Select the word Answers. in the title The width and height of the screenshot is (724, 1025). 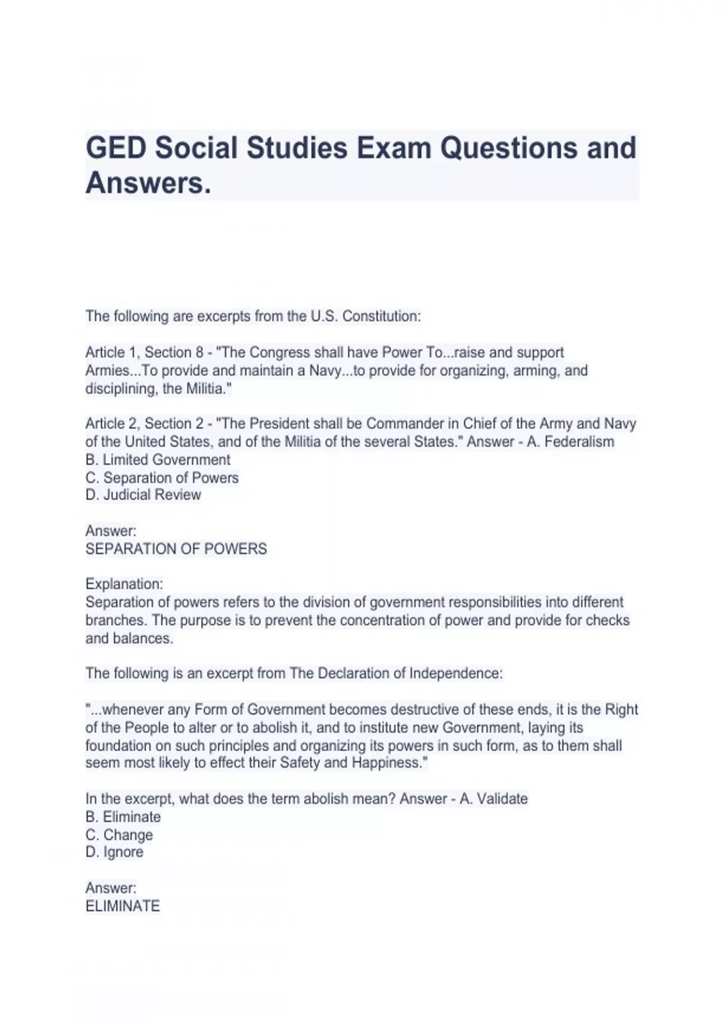148,183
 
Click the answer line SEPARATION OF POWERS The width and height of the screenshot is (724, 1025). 176,549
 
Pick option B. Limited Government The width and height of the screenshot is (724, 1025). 158,460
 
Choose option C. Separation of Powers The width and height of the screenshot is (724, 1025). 162,478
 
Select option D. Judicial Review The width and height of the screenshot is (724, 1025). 144,495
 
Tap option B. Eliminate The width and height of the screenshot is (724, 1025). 124,817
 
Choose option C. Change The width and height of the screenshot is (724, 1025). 119,835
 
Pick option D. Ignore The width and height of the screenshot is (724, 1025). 115,852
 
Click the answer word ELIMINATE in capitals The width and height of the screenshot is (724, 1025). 123,906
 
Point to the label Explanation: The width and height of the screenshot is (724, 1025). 124,584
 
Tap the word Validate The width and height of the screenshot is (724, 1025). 503,799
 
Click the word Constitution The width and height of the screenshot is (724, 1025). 381,317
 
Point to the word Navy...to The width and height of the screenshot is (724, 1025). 337,371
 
